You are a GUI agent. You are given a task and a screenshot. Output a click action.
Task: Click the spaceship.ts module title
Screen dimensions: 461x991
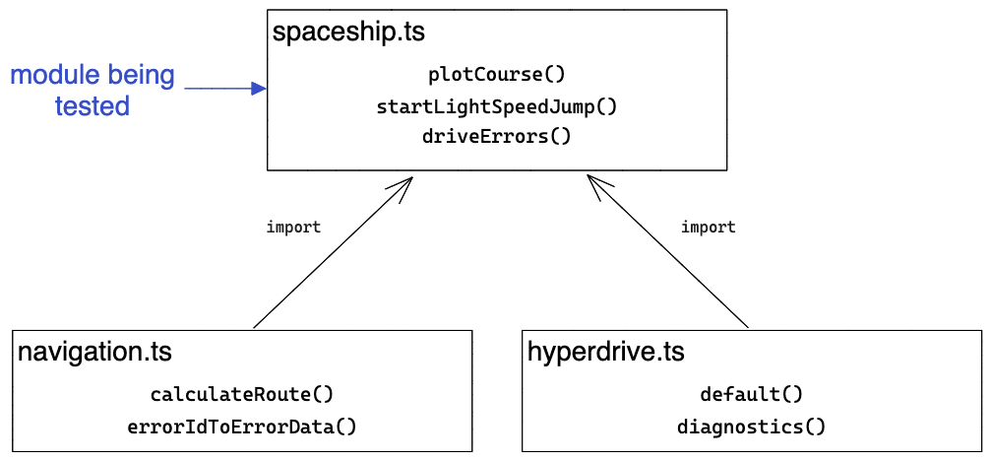point(348,32)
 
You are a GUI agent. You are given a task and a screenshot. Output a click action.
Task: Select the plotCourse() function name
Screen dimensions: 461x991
point(497,75)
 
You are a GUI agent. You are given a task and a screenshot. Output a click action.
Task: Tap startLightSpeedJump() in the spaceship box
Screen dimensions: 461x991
point(497,106)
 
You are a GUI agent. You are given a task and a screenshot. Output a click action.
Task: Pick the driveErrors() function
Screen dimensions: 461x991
point(497,136)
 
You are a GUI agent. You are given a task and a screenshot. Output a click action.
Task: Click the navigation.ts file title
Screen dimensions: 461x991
point(95,352)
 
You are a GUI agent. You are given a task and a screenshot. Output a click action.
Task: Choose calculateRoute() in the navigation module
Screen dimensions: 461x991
point(242,395)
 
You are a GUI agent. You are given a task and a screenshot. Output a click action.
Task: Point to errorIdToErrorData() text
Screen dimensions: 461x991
point(242,427)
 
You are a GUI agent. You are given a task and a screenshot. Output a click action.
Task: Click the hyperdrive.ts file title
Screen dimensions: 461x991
point(606,352)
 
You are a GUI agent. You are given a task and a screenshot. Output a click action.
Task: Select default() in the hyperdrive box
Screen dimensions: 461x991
point(752,395)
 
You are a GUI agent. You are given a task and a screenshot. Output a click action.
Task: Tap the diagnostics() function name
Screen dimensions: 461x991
point(752,427)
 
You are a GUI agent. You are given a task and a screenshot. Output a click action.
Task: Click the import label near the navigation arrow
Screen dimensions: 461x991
point(293,228)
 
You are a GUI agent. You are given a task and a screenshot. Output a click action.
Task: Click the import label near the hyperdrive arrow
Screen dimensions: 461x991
point(709,228)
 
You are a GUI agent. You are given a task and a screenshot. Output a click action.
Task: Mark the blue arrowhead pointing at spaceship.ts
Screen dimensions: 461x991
point(260,89)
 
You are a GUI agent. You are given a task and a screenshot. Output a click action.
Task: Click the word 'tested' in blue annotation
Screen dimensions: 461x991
point(93,106)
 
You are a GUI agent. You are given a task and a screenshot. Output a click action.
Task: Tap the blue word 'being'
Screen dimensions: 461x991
point(138,75)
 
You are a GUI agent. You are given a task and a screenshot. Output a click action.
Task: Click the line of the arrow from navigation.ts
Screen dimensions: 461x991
point(330,256)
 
